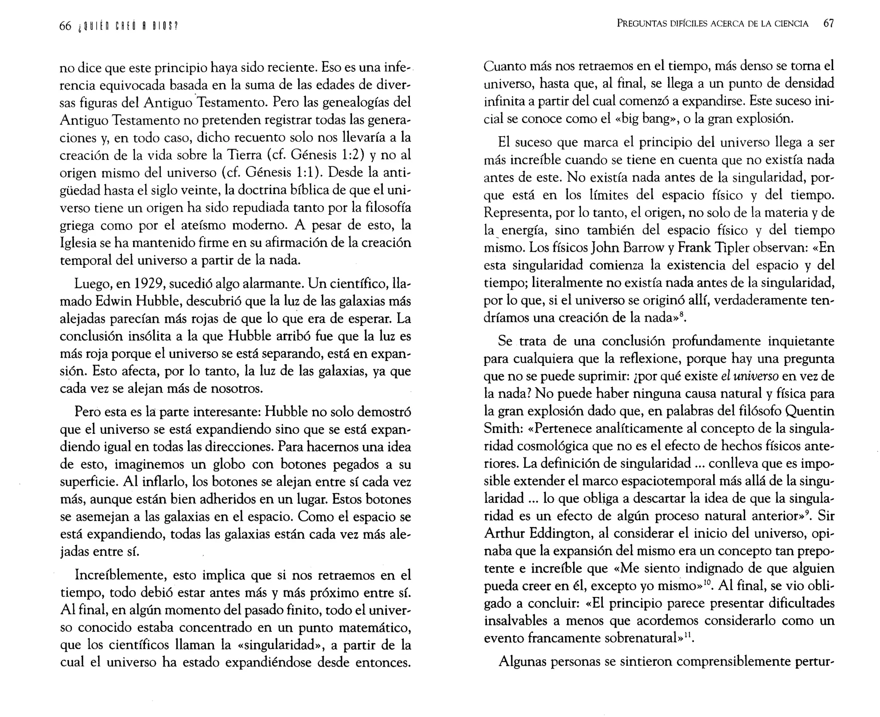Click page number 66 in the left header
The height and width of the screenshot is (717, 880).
65,26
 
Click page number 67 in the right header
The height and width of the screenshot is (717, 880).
828,24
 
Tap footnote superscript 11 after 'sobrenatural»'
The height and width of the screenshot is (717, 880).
689,634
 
